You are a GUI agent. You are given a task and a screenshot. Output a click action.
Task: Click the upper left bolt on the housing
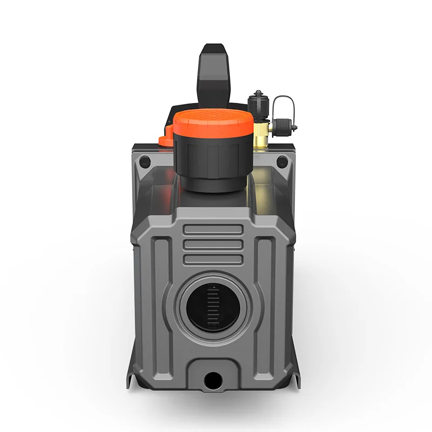click(144, 161)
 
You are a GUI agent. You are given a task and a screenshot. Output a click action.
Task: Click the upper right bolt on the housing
click(282, 161)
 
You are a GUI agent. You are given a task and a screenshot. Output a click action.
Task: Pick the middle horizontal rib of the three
click(214, 245)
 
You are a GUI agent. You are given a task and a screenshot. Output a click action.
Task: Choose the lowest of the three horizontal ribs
click(214, 260)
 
